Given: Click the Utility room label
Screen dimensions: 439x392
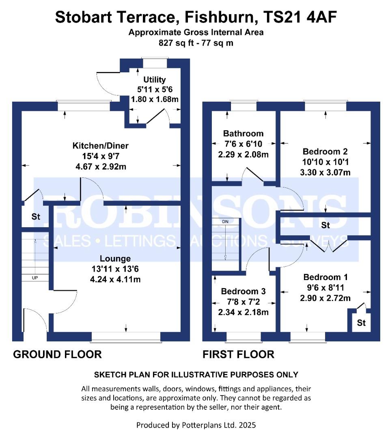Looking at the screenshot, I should (x=155, y=80).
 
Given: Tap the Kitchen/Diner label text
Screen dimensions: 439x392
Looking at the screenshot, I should (x=100, y=146).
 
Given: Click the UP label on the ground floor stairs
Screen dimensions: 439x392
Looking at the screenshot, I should (x=35, y=278).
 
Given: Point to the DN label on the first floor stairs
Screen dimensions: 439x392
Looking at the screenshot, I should (x=226, y=222).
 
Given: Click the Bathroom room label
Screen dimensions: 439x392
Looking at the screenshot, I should (x=243, y=133).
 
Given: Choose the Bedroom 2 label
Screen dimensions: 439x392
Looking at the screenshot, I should (x=325, y=152).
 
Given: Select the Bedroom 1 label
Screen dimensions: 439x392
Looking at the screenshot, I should (x=325, y=277).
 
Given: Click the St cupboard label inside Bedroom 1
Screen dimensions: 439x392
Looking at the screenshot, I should (x=361, y=324).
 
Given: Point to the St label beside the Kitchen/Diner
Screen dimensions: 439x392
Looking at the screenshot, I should (x=36, y=217).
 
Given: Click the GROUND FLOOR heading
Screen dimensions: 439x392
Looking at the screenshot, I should (x=57, y=354).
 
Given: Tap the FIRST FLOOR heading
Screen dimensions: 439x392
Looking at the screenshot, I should (x=238, y=354).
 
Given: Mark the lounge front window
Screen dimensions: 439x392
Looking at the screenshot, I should (x=126, y=336).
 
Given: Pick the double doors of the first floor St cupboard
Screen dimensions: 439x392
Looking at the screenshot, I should (x=329, y=243).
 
